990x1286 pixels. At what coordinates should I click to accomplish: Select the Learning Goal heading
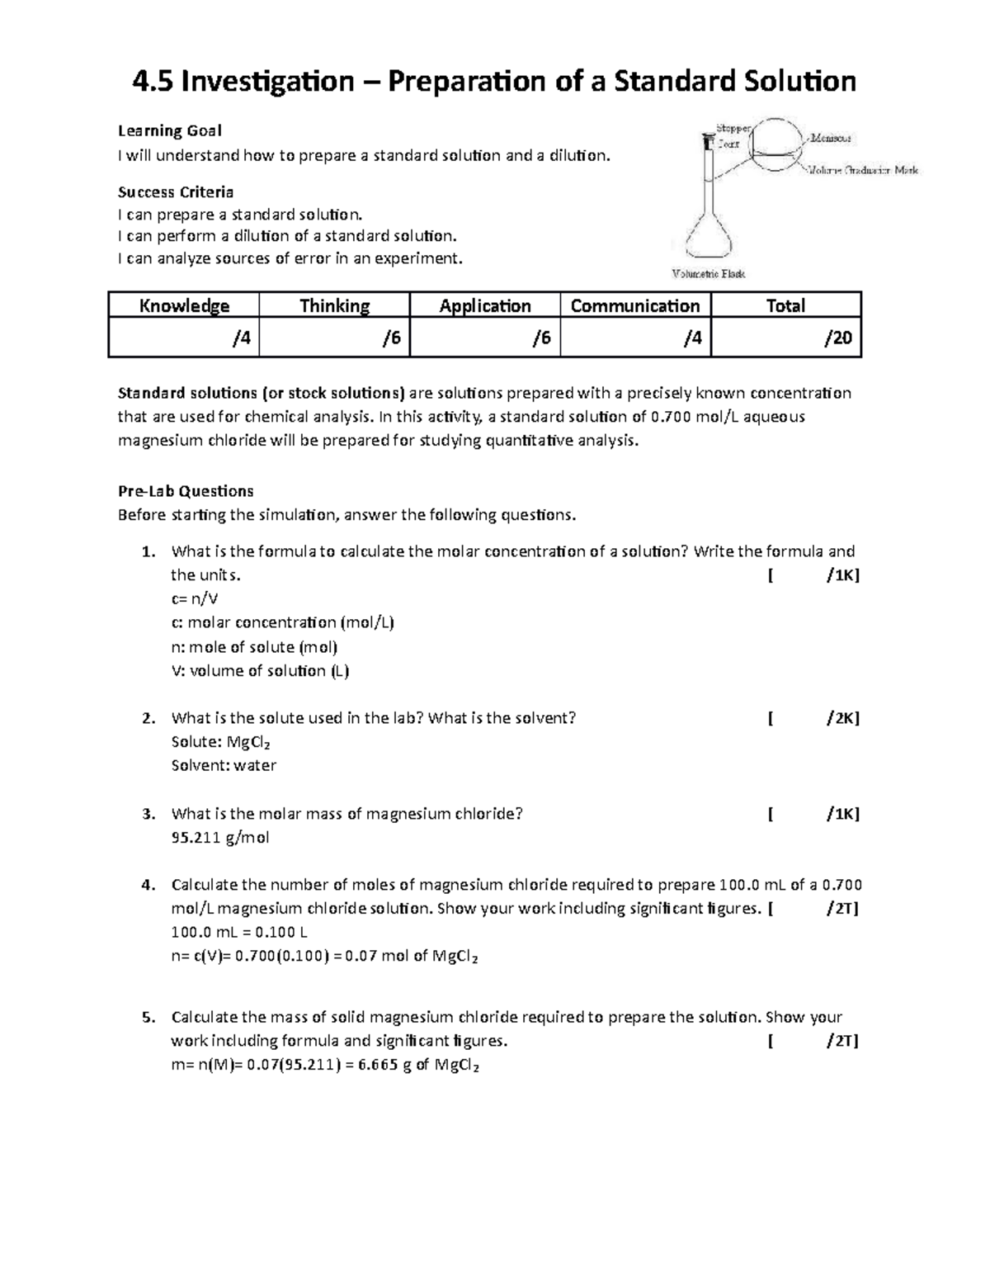tap(170, 130)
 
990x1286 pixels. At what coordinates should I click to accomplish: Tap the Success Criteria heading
tap(176, 192)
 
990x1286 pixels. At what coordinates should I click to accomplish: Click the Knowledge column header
tap(184, 306)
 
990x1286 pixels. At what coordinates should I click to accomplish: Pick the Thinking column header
tap(334, 306)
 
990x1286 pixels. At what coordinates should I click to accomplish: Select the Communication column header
tap(635, 306)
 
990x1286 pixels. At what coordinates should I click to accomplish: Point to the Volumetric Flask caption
tap(709, 273)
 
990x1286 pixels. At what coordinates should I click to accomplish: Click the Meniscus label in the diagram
tap(831, 139)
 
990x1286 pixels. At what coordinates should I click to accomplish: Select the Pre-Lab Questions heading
tap(186, 491)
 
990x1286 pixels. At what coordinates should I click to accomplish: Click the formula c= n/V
tap(195, 599)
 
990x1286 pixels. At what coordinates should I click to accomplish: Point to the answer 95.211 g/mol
tap(220, 838)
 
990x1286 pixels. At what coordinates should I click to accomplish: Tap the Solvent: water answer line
tap(224, 765)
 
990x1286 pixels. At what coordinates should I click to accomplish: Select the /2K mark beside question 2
tap(842, 718)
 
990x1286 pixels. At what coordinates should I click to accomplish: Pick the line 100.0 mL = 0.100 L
tap(239, 933)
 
